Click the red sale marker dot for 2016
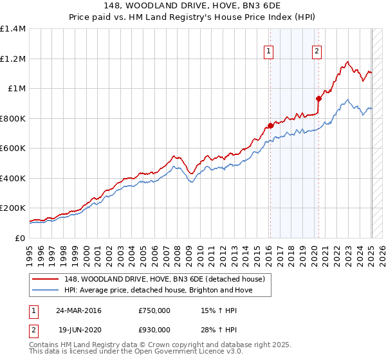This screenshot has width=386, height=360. coord(270,126)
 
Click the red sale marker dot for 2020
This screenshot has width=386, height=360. coord(318,98)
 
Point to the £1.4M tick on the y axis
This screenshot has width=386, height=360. coord(13,29)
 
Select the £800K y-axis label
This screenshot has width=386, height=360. coord(13,118)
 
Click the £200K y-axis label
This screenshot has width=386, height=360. coord(13,208)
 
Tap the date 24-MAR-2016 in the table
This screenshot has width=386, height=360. coord(79,310)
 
